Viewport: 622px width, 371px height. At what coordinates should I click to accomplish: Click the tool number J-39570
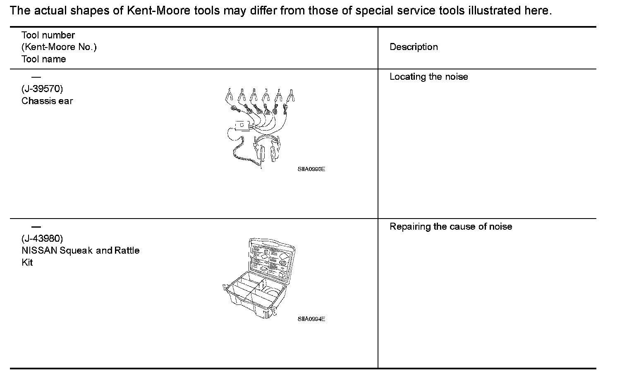tap(42, 89)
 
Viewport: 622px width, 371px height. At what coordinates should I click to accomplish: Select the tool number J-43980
tap(42, 239)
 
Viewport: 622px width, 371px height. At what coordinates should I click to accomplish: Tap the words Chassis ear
tap(47, 101)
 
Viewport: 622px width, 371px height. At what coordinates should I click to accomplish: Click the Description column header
tap(414, 47)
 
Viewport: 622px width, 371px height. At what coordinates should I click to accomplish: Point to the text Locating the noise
tap(429, 77)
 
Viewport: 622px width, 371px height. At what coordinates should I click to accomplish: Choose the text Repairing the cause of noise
tap(451, 227)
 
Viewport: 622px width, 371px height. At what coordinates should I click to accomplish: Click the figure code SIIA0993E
tap(311, 169)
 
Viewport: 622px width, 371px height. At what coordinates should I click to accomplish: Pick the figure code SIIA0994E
tap(311, 319)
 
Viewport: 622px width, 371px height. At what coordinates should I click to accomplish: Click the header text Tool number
tap(48, 36)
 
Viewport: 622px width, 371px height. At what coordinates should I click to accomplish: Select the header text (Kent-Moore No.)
tap(59, 47)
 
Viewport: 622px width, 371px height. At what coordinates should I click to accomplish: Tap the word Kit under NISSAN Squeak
tap(27, 263)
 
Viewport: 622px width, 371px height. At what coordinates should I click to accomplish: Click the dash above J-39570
tap(36, 77)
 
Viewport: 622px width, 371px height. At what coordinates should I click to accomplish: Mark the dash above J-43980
tap(36, 227)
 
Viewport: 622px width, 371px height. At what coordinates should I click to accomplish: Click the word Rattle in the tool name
tap(127, 251)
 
